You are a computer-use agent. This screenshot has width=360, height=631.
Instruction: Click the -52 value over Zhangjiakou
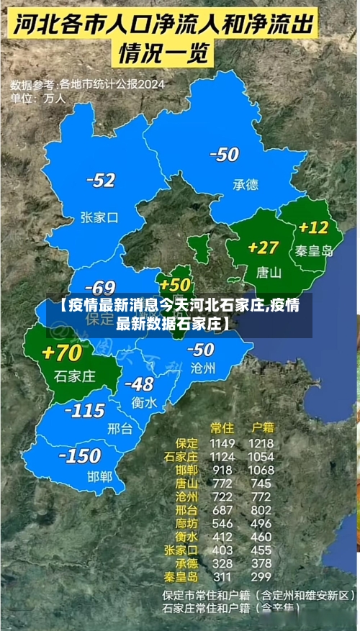click(100, 180)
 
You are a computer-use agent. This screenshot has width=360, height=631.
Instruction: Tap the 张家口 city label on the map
click(99, 217)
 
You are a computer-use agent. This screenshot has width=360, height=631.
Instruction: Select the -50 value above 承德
click(224, 154)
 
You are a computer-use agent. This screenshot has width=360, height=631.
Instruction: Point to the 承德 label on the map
click(245, 185)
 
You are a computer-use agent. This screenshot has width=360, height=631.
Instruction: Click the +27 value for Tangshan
click(263, 248)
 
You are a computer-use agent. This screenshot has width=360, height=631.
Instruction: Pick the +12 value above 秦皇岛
click(313, 227)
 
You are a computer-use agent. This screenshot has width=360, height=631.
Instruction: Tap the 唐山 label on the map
click(269, 273)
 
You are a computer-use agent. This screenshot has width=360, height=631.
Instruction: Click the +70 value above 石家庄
click(62, 353)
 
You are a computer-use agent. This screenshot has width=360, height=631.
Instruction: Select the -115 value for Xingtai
click(85, 410)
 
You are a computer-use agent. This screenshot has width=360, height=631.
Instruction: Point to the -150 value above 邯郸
click(79, 455)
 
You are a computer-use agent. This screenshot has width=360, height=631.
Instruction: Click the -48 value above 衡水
click(139, 383)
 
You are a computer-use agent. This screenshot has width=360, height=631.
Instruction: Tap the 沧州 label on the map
click(203, 368)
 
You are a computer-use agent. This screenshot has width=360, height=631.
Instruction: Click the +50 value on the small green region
click(176, 284)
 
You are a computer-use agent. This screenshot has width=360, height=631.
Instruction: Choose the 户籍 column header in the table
click(260, 427)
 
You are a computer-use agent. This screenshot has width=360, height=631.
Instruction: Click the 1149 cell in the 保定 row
click(223, 443)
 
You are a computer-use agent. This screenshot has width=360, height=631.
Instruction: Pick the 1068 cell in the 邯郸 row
click(261, 470)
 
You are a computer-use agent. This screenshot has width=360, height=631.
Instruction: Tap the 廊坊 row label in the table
click(184, 523)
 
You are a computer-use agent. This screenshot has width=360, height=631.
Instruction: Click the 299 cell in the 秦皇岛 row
click(260, 576)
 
